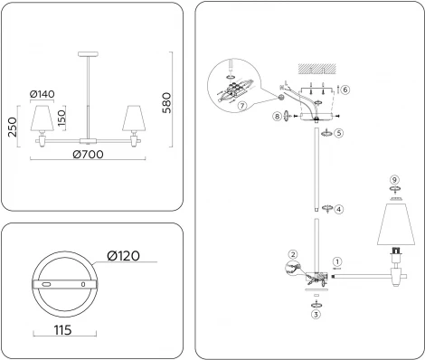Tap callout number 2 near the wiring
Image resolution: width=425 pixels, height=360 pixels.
292,254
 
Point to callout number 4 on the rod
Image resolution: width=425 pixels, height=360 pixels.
337,209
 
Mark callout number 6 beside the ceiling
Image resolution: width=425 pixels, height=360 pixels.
345,89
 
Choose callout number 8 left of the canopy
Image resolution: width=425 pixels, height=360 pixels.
276,115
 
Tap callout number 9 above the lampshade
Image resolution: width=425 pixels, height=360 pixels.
392,180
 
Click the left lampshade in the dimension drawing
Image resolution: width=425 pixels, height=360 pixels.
41,118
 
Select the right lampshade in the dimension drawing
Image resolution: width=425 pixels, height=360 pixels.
133,118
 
